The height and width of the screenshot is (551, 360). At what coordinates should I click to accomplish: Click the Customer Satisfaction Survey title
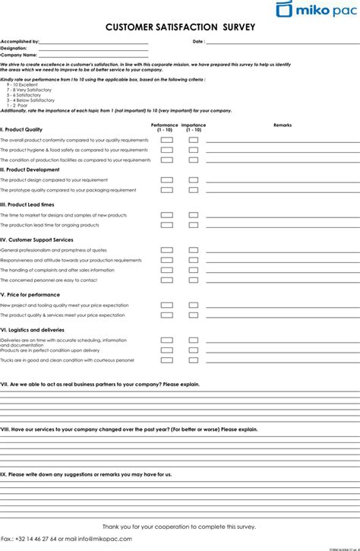[x=180, y=27]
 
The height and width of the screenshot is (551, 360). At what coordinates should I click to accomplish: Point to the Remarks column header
[x=282, y=125]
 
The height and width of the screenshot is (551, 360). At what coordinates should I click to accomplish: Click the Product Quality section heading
[x=22, y=130]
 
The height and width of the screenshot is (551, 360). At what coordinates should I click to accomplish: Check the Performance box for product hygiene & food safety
[x=166, y=150]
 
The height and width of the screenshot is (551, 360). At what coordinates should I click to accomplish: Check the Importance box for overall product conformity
[x=194, y=141]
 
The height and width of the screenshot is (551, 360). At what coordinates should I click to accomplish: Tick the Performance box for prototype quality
[x=166, y=190]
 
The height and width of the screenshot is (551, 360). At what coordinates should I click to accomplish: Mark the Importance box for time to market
[x=194, y=216]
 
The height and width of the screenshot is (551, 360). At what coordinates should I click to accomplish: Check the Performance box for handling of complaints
[x=166, y=270]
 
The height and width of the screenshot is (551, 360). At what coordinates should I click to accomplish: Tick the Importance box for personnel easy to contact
[x=194, y=280]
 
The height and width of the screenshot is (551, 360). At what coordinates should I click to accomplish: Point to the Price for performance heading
[x=31, y=294]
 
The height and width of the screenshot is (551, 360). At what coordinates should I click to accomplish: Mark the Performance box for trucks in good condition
[x=166, y=359]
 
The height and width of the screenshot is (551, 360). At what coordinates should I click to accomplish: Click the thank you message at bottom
[x=180, y=527]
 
